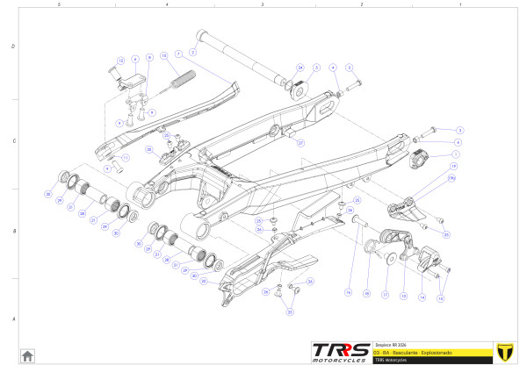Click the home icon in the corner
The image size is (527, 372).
click(x=27, y=355)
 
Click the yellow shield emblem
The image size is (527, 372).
click(x=503, y=350)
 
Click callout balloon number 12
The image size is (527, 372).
click(x=120, y=60)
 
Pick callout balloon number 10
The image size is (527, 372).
click(x=164, y=56)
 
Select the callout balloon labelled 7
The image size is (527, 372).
click(x=178, y=54)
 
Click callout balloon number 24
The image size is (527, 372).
click(x=300, y=67)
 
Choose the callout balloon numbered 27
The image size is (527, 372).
click(x=300, y=141)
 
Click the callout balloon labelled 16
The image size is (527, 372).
click(x=348, y=291)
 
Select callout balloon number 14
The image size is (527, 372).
click(x=422, y=297)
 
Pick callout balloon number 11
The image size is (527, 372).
click(x=125, y=158)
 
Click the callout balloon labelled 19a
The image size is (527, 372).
click(x=453, y=177)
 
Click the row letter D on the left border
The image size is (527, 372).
click(x=12, y=46)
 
